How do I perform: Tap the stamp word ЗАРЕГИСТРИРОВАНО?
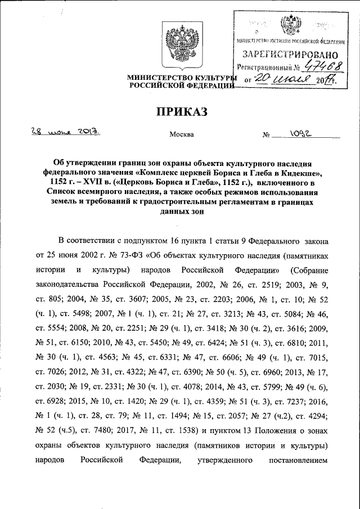coord(290,56)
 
